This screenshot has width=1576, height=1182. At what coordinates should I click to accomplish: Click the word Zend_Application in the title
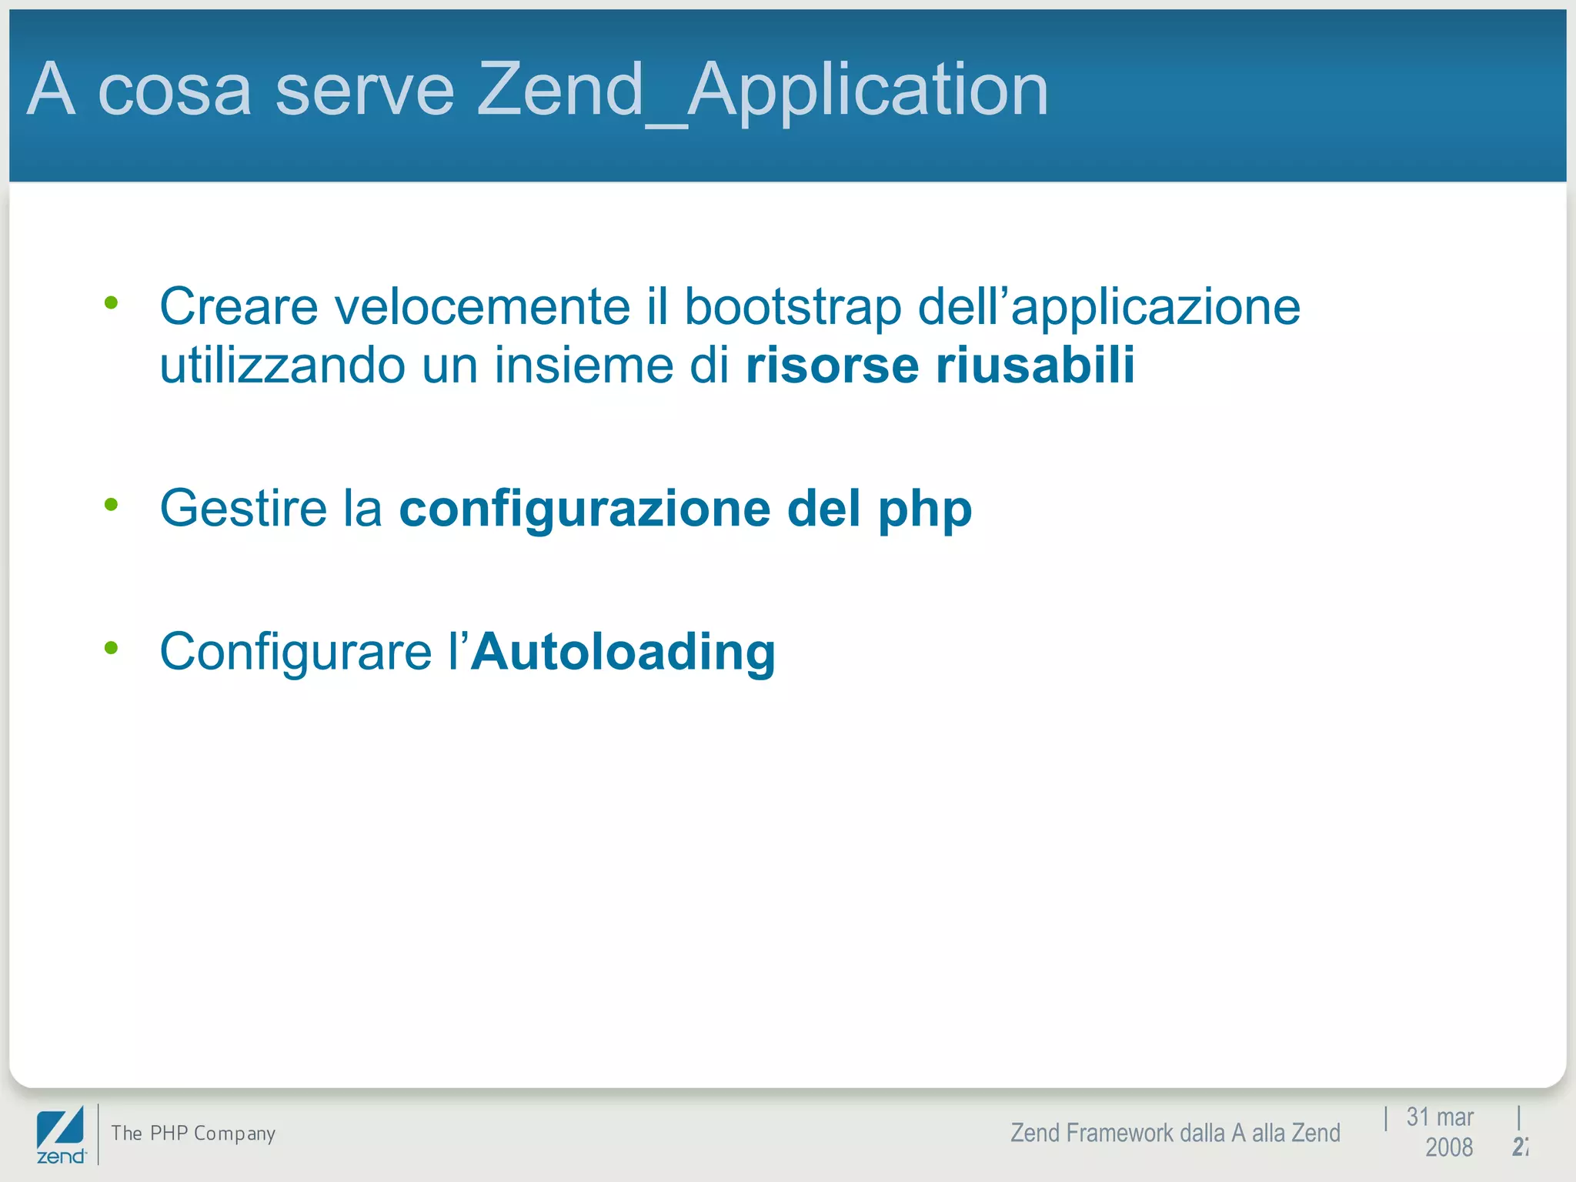[762, 91]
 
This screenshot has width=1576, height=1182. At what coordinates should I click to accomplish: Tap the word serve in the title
[365, 91]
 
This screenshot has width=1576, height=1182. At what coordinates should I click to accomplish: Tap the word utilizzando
[282, 365]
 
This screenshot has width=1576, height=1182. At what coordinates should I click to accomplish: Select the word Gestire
[243, 509]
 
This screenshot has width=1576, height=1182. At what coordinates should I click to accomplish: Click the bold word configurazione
[585, 509]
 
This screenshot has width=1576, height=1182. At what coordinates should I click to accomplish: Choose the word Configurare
[295, 652]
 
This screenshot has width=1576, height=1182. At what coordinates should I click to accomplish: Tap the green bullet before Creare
[112, 302]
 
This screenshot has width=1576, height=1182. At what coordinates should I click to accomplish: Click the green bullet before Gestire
[112, 505]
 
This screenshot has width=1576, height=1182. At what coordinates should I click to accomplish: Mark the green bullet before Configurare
[112, 648]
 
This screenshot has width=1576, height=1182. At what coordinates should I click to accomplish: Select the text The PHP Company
[193, 1134]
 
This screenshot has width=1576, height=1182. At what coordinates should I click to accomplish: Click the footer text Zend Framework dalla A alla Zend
[1175, 1134]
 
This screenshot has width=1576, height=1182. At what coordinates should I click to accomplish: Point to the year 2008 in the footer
[1448, 1147]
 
